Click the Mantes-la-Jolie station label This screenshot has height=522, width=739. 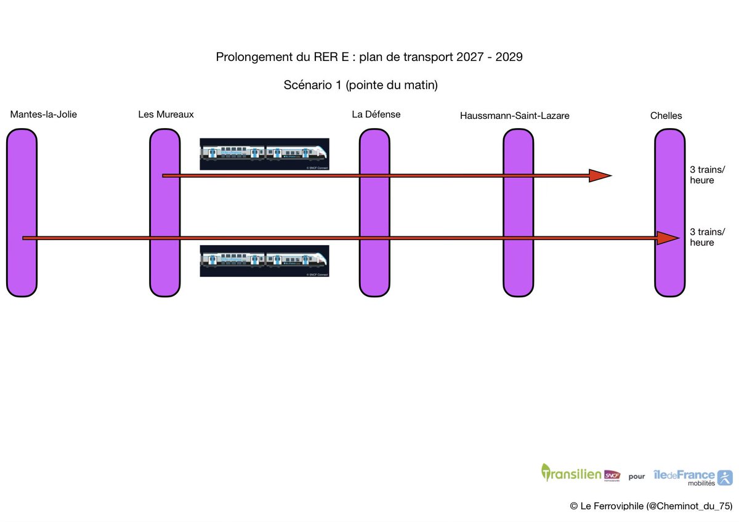[x=44, y=114]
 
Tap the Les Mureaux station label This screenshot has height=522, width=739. [x=166, y=114]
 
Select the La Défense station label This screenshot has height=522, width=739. [x=376, y=114]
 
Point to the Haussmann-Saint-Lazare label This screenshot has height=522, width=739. [x=514, y=116]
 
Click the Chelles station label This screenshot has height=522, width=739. [x=666, y=116]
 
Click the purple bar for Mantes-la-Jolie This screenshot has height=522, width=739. [x=22, y=271]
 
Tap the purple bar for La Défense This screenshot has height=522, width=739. [x=374, y=271]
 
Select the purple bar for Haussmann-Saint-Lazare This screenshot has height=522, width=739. [x=518, y=271]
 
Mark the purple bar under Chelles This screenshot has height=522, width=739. [x=670, y=271]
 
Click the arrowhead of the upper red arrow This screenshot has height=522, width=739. [x=599, y=176]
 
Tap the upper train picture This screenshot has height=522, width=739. [x=264, y=154]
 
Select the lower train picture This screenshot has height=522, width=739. [x=264, y=261]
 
